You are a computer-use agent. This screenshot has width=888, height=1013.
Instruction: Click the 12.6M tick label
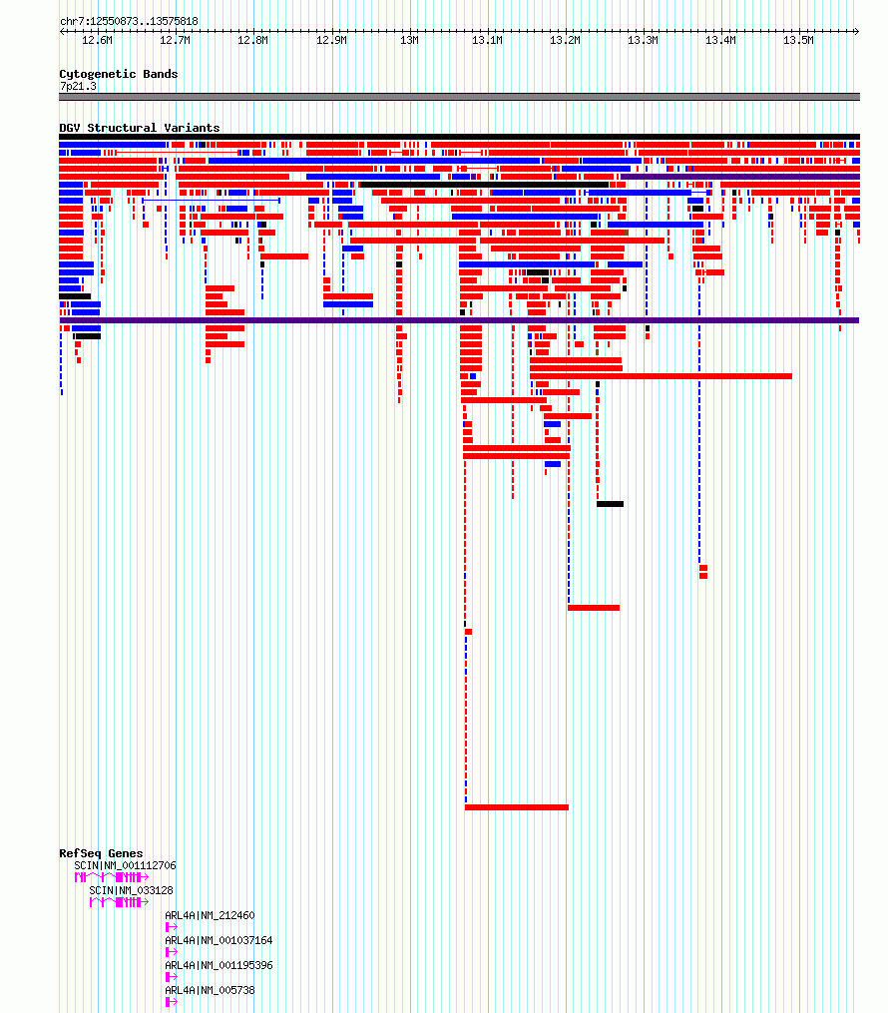[x=97, y=40]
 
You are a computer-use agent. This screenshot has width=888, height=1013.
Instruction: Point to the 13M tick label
[x=409, y=40]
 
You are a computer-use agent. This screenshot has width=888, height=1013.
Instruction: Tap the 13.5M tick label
[x=798, y=40]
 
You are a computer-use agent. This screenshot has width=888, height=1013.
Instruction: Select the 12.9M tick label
[x=331, y=40]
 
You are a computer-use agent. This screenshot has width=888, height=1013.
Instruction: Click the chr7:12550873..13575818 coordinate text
[x=129, y=21]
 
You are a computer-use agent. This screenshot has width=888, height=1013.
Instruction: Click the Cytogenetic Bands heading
[x=118, y=74]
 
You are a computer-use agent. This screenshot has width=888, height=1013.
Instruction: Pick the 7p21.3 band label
[x=78, y=86]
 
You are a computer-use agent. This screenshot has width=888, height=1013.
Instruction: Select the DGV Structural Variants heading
[x=140, y=128]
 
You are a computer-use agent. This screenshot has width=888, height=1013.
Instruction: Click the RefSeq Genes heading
[x=101, y=852]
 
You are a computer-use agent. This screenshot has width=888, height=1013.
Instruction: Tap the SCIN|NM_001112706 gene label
[x=125, y=865]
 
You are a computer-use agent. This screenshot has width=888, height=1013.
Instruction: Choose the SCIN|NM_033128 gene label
[x=131, y=890]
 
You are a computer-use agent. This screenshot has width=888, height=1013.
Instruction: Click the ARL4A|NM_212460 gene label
[x=210, y=915]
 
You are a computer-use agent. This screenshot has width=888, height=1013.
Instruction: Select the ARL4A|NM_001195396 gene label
[x=219, y=965]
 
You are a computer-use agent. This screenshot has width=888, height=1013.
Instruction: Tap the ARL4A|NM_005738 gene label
[x=210, y=990]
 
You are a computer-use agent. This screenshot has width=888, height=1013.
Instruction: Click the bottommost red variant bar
[x=517, y=807]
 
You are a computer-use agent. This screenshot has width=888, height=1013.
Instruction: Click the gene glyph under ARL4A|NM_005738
[x=172, y=1002]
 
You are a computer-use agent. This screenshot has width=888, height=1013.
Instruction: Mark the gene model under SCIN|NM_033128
[x=119, y=902]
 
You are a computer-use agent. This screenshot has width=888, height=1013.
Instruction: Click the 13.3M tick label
[x=643, y=40]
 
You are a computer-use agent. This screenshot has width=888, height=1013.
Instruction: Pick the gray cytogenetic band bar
[x=459, y=97]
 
